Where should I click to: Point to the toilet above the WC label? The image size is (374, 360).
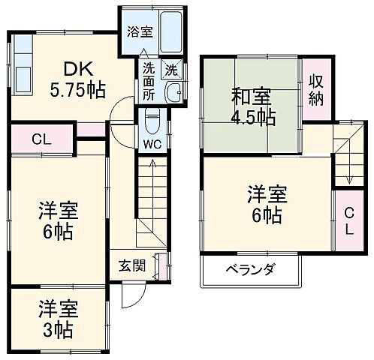(150, 120)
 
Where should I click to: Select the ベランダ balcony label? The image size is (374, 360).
(250, 269)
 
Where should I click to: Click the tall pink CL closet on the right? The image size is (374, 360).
(347, 219)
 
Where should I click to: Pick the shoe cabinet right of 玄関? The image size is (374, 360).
(160, 265)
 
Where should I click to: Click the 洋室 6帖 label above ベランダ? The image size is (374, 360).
(266, 205)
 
